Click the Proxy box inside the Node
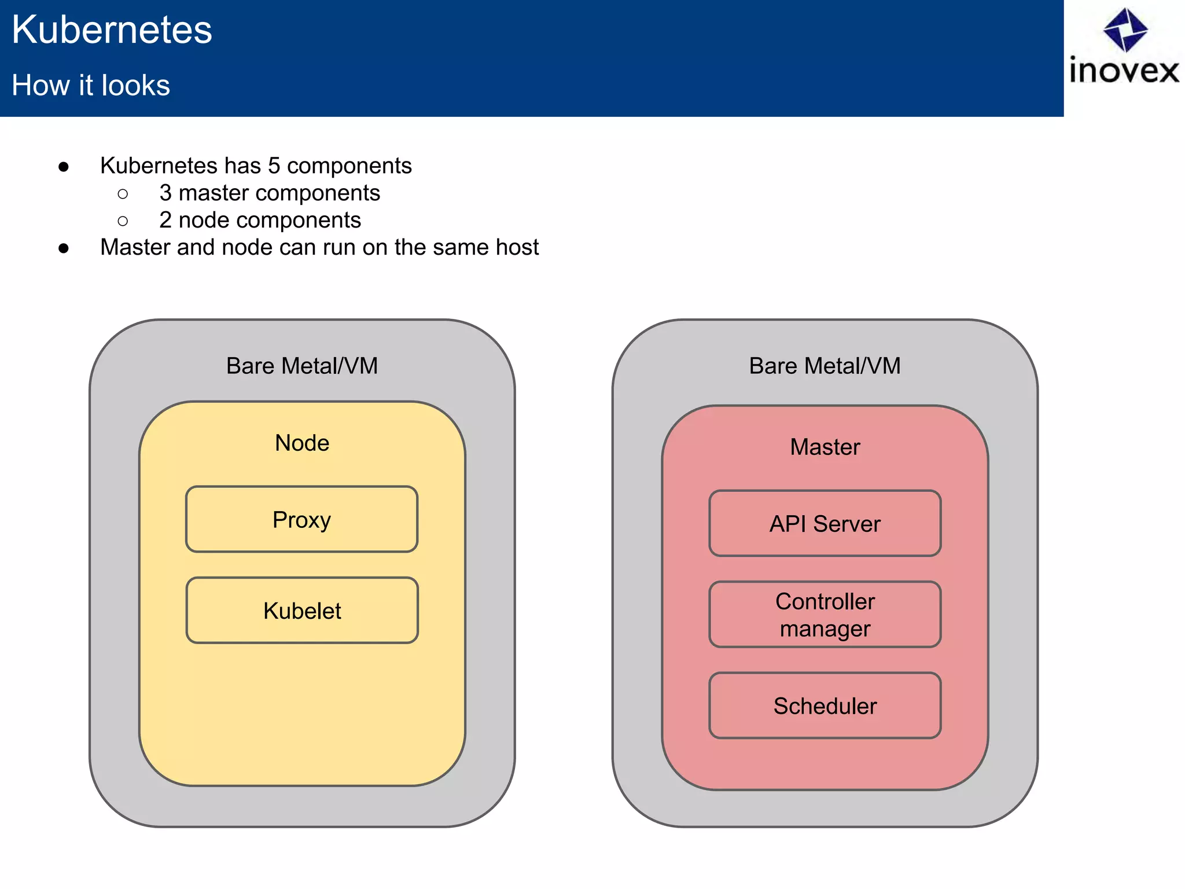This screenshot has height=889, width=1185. pos(301,519)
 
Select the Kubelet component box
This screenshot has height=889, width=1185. pos(301,610)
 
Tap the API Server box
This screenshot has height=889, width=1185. pos(825,523)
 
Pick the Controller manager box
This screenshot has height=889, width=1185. pos(825,614)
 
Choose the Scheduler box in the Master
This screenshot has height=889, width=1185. pos(825,706)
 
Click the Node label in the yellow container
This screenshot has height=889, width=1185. pos(302,443)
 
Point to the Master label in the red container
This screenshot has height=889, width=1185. pos(825,447)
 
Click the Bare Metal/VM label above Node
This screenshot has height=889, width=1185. pos(302,366)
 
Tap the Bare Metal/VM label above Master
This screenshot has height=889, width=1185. pos(825,366)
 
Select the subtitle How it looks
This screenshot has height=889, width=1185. pos(91,85)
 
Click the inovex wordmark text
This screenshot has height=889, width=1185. pos(1124,71)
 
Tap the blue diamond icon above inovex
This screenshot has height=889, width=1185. pos(1125,29)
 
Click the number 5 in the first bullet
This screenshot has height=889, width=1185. pos(274,166)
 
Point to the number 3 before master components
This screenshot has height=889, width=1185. pos(165,193)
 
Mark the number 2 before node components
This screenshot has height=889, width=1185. pos(165,220)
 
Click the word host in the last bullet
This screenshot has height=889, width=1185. pos(517,247)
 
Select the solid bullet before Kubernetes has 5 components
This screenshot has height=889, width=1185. pos(64,167)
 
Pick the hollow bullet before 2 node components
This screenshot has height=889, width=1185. pos(123,221)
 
